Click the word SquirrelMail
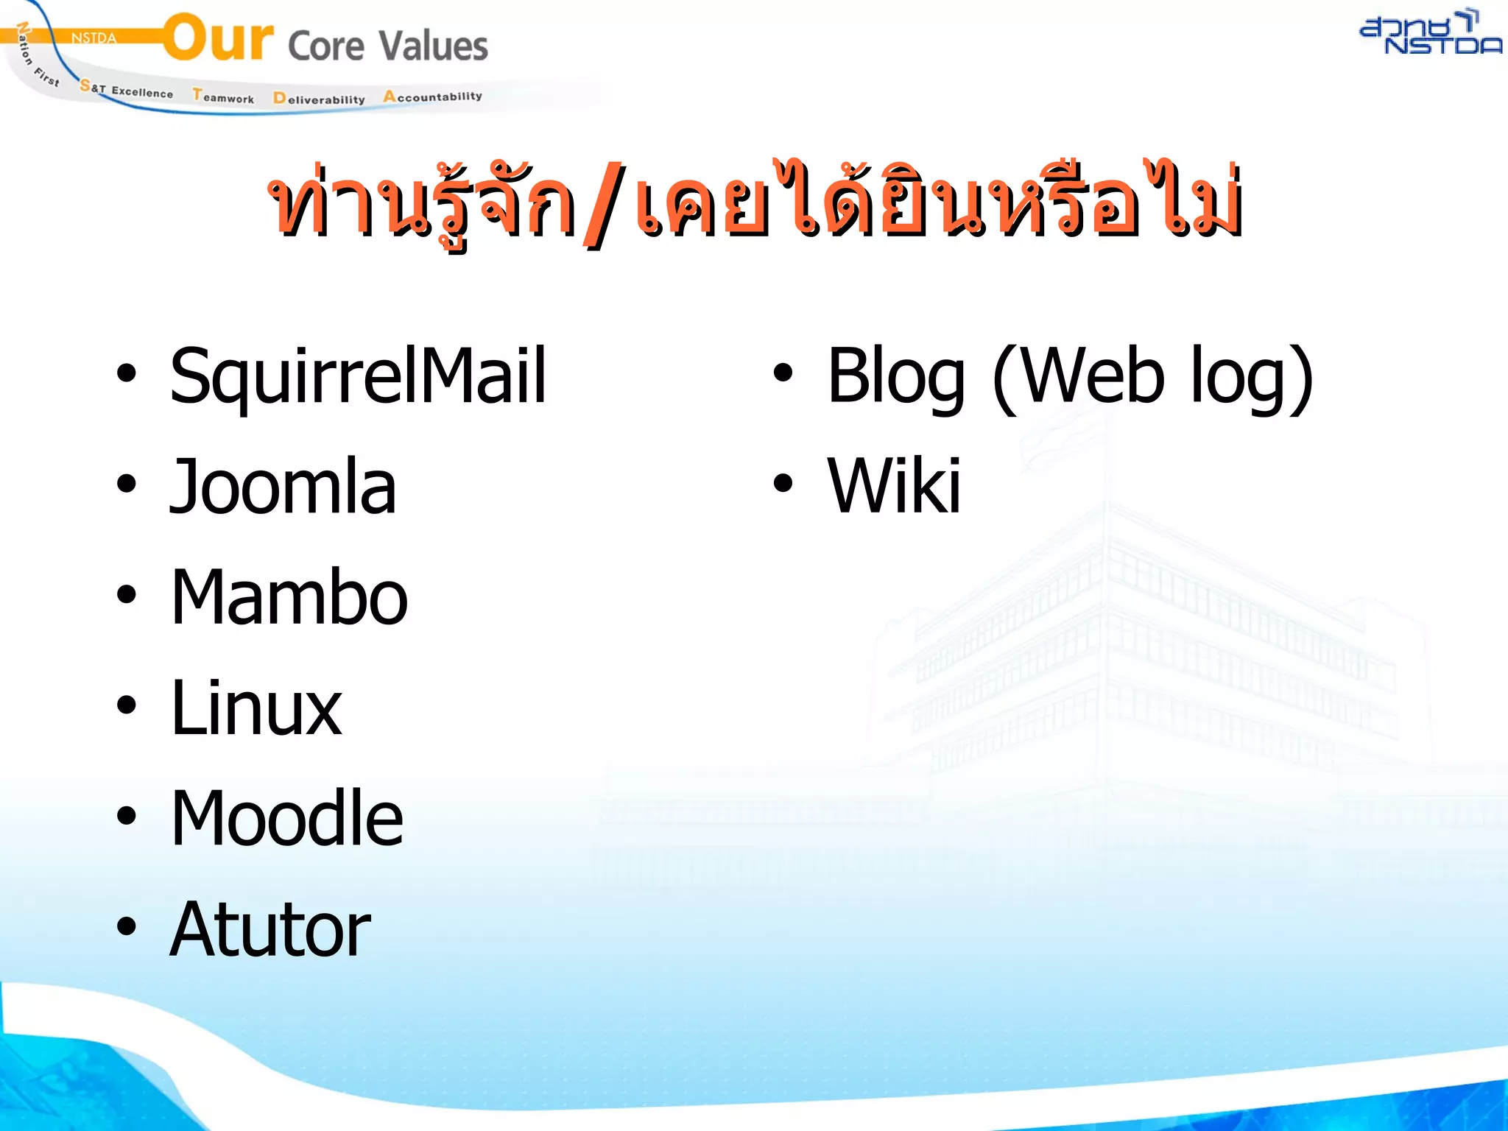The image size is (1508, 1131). click(358, 376)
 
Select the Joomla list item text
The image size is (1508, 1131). click(283, 486)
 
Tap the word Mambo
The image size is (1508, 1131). click(289, 596)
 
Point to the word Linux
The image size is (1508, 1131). click(256, 708)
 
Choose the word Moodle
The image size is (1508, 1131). click(286, 818)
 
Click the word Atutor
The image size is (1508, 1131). click(269, 929)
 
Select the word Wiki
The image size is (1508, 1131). click(894, 486)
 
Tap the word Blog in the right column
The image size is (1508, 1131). click(895, 376)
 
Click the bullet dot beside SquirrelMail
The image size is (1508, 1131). click(127, 373)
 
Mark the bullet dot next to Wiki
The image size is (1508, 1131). click(783, 484)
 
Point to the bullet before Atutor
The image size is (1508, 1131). click(127, 926)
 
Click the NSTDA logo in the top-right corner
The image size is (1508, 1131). click(1429, 33)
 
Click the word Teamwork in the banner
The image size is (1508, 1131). click(223, 96)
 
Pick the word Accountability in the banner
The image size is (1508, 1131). click(432, 96)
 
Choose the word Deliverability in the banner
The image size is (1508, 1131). click(319, 99)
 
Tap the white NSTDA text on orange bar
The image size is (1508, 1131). click(94, 38)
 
